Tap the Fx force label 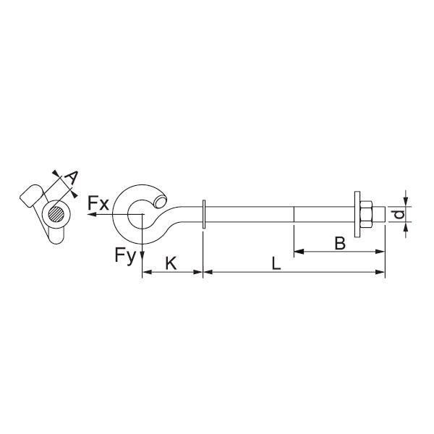(98, 203)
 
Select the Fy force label (125, 255)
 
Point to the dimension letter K (171, 263)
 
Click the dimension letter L (276, 263)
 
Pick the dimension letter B (340, 243)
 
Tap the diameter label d (399, 214)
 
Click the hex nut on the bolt (366, 214)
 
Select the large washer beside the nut (357, 214)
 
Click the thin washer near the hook (204, 214)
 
